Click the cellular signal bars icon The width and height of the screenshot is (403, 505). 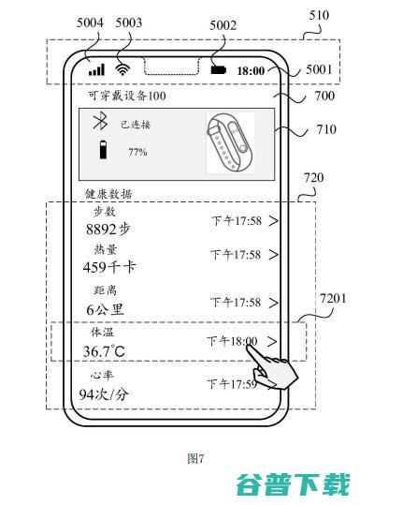pos(96,70)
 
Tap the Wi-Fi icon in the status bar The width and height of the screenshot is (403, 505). pos(122,69)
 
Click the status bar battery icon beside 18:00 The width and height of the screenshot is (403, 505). pos(219,70)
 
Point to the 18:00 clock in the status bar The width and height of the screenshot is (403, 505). pos(251,71)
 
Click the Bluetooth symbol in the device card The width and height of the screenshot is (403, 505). pos(100,121)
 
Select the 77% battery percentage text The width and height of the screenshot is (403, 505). pos(137,152)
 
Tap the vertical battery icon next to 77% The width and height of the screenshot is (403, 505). pos(103,150)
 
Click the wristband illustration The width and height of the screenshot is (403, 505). pos(230,142)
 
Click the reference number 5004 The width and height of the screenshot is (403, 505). pos(90,22)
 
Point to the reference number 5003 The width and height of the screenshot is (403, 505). pos(128,22)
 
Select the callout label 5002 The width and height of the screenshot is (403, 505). pos(223,25)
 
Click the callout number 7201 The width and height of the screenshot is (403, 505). pos(333,299)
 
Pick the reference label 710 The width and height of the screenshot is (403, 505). pos(326,129)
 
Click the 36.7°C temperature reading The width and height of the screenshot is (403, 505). pos(104,351)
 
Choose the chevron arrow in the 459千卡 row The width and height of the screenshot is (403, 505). pos(273,255)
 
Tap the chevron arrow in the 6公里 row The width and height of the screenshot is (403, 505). pos(273,303)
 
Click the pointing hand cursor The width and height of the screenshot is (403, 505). pos(272,367)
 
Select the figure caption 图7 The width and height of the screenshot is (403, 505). pos(195,458)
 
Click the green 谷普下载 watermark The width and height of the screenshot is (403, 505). pos(293,484)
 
